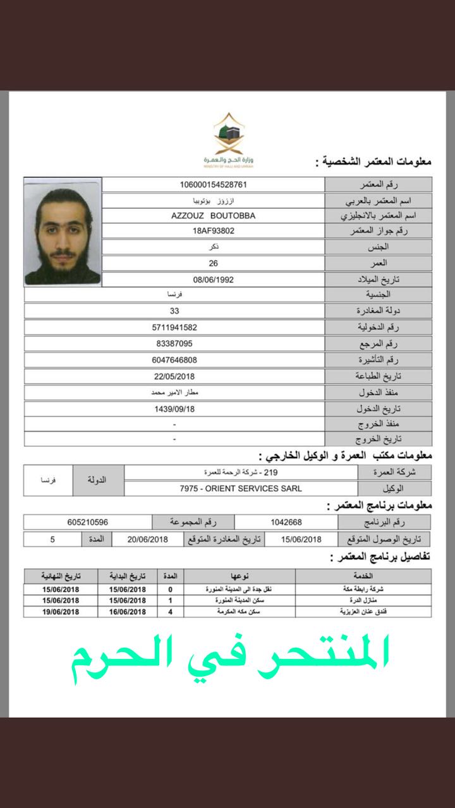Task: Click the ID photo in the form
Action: (62, 232)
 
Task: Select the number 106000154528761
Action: (213, 184)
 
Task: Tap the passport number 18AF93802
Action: (213, 231)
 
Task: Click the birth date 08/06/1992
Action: (213, 279)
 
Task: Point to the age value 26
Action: (213, 263)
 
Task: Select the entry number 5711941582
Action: (174, 328)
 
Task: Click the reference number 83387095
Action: (174, 344)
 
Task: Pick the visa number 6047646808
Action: (174, 360)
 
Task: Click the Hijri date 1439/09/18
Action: (174, 408)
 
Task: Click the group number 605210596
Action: (88, 523)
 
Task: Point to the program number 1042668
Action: (286, 523)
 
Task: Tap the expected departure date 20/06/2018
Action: (148, 539)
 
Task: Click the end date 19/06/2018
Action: (61, 612)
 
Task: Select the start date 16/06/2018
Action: (127, 612)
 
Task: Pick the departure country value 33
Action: (174, 311)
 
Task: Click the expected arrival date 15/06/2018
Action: (301, 539)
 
